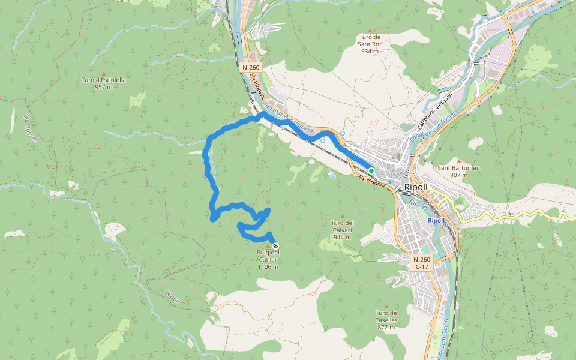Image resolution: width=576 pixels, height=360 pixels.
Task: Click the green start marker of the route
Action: tap(371, 171)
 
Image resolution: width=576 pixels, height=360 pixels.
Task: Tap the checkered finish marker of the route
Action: tap(275, 246)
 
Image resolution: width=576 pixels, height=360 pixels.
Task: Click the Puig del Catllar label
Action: tap(268, 259)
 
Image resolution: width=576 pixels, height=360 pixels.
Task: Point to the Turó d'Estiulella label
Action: tap(104, 83)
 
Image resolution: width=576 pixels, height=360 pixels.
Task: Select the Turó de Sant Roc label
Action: tap(370, 44)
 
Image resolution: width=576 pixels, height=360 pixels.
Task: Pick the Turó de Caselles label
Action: tap(386, 320)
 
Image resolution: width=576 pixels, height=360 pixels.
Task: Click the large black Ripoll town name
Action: tap(416, 187)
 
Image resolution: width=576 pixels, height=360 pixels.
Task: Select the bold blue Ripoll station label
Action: tap(436, 220)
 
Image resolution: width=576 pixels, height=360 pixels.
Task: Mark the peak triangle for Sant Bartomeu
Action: tap(459, 161)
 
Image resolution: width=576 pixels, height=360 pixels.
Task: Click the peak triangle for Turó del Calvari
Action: tap(343, 217)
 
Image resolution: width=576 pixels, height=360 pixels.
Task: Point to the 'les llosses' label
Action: tap(30, 128)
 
